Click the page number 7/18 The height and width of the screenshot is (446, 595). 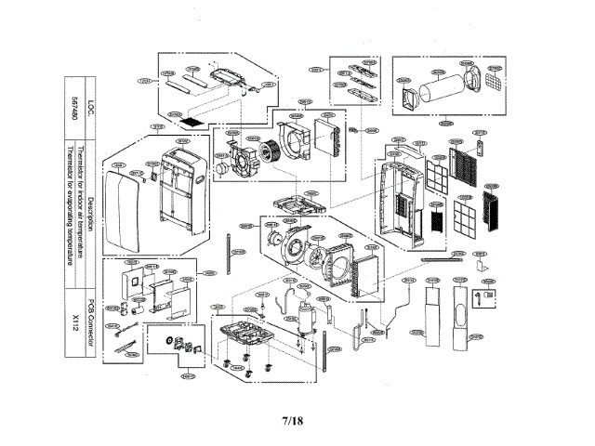pyautogui.click(x=291, y=421)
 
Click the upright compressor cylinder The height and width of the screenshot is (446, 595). pyautogui.click(x=302, y=315)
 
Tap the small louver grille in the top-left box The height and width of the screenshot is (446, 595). pyautogui.click(x=190, y=120)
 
